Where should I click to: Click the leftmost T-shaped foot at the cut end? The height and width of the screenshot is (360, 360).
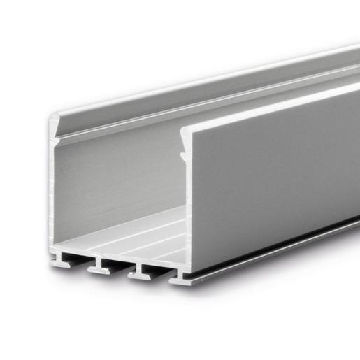(61, 263)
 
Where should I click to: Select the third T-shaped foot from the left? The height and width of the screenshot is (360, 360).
(138, 273)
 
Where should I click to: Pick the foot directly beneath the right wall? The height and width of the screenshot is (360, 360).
(180, 279)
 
